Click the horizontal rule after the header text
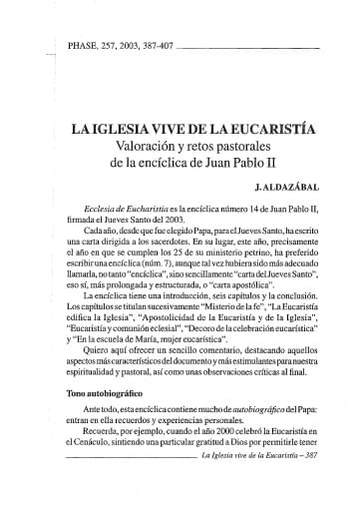tap(259, 48)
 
